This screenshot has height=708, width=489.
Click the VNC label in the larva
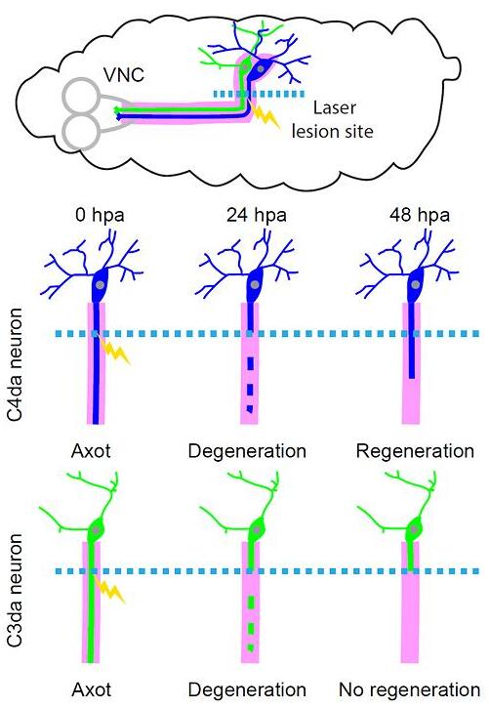click(x=124, y=74)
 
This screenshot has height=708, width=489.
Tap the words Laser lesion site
click(x=333, y=120)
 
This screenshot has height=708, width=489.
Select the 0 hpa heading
click(x=100, y=215)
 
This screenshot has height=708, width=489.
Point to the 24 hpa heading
click(x=257, y=215)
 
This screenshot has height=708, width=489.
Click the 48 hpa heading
click(x=420, y=215)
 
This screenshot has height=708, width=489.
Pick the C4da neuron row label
click(x=15, y=364)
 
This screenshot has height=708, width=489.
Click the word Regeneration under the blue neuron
click(x=415, y=451)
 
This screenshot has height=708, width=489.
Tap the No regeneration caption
click(x=410, y=689)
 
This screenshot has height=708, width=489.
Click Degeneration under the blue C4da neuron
click(x=247, y=451)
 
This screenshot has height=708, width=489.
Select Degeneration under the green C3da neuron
click(x=247, y=689)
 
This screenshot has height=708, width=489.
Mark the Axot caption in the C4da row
click(x=91, y=451)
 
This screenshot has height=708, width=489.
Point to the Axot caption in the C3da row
click(x=91, y=689)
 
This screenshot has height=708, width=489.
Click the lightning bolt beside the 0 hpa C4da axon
click(x=114, y=352)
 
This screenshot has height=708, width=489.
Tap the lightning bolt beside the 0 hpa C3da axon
click(x=108, y=590)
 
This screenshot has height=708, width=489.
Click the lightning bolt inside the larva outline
click(x=266, y=116)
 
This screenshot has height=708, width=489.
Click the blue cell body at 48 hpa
click(x=416, y=285)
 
